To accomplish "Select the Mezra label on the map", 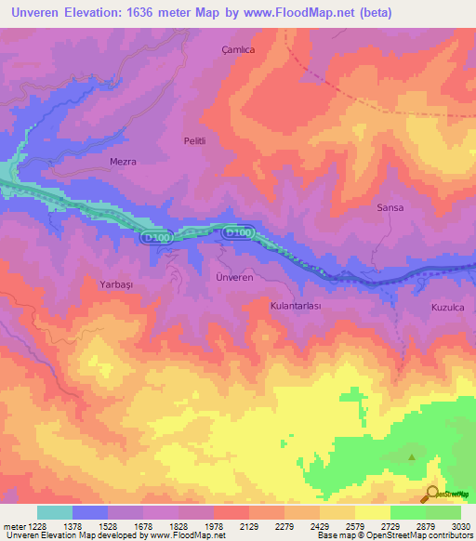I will click(x=123, y=161).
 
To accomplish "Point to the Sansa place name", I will click(x=390, y=207).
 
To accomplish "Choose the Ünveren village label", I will click(x=234, y=279).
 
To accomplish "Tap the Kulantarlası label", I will click(x=295, y=305).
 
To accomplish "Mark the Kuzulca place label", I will click(x=447, y=307).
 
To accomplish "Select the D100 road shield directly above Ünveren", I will click(x=237, y=232).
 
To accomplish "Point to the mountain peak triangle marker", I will click(x=412, y=455).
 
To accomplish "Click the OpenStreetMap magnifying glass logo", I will click(x=430, y=494).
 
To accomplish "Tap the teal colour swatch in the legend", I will click(x=55, y=512).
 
